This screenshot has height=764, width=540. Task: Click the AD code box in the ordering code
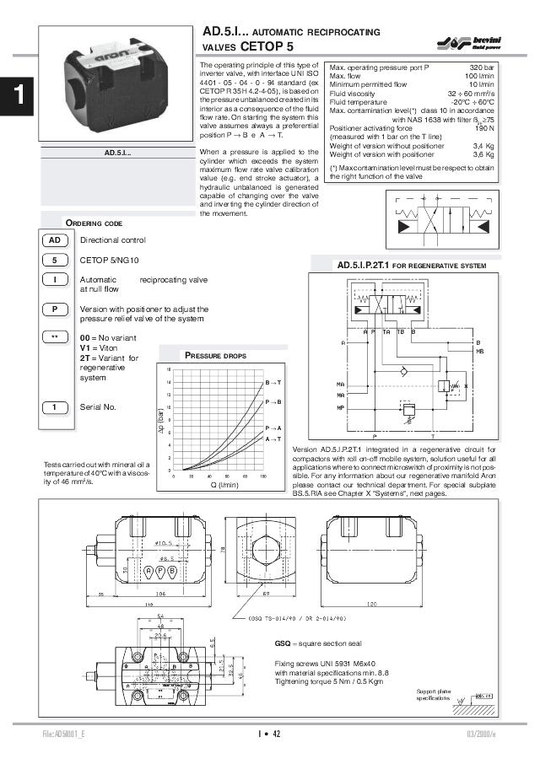pos(54,240)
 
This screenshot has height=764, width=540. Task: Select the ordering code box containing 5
pos(54,260)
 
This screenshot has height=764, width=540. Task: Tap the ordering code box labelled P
pos(54,309)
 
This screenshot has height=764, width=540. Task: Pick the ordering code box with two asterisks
pos(54,338)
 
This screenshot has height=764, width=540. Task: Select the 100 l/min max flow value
pos(479,75)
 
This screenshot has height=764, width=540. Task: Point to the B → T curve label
pos(273,383)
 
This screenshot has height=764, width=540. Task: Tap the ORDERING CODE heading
pos(94,223)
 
